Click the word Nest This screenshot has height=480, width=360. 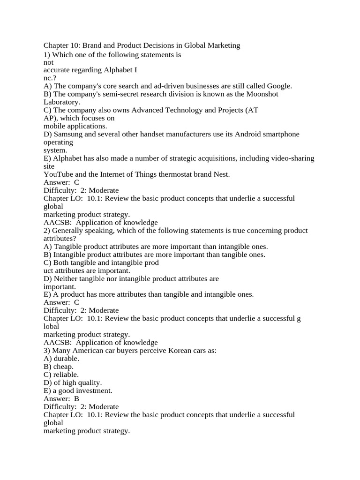[220, 174]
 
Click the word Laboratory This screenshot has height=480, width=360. [62, 102]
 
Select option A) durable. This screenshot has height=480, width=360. [61, 359]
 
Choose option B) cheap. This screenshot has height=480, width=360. [59, 367]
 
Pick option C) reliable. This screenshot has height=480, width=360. [61, 375]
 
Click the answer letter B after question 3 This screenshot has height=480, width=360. [77, 398]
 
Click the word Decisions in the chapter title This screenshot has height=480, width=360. [142, 45]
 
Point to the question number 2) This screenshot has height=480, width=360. [47, 230]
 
